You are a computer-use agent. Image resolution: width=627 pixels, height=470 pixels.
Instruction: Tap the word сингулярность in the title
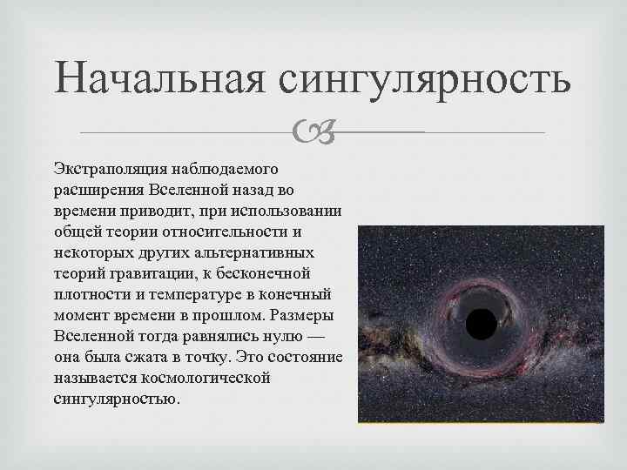[426, 81]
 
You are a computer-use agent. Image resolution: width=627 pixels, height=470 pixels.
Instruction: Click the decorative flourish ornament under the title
[313, 131]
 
